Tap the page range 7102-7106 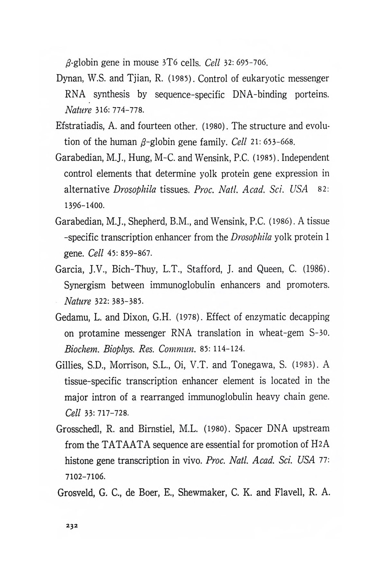pos(85,477)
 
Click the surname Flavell pos(289,493)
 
